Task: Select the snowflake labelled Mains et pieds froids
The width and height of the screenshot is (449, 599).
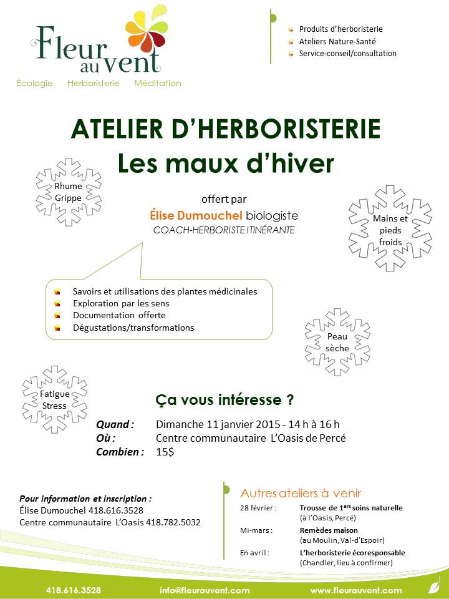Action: tap(390, 229)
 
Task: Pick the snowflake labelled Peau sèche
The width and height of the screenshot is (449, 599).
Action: tap(337, 343)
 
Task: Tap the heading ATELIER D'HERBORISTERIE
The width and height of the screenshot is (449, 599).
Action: tap(225, 129)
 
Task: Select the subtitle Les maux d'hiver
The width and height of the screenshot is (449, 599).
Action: tap(226, 163)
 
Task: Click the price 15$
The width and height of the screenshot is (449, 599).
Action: tap(165, 452)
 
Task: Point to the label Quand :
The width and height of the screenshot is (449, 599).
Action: tap(115, 424)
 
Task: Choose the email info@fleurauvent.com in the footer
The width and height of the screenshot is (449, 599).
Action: tap(205, 590)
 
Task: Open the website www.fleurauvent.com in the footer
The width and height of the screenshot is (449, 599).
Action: tap(356, 590)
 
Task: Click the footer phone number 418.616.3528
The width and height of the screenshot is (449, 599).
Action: tap(74, 590)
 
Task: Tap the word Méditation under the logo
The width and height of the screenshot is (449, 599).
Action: tap(158, 84)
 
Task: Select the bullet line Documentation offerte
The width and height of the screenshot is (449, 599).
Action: tap(118, 316)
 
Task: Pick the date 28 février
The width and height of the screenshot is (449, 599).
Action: tap(256, 509)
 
